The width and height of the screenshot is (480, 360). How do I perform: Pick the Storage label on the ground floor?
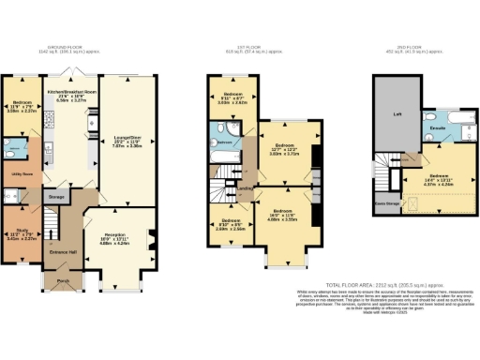click(x=57, y=197)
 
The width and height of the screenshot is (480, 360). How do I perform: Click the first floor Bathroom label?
click(x=224, y=142)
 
